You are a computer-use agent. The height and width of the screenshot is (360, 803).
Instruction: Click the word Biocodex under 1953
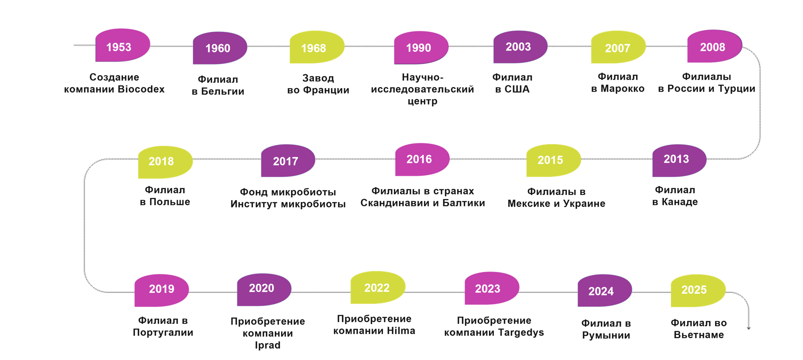point(141,89)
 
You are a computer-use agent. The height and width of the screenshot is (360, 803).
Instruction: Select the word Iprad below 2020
point(267,345)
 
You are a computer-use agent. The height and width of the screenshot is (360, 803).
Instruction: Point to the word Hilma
point(401,331)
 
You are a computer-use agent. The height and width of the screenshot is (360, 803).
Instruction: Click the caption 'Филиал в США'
point(512,83)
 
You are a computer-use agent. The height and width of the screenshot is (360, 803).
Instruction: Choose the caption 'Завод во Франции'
point(318,84)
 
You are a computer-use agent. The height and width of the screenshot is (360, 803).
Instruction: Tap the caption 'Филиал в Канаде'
point(675,196)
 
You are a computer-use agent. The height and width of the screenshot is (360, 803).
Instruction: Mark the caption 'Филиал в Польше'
point(165,196)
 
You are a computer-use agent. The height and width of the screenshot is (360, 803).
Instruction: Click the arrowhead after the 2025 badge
point(748,328)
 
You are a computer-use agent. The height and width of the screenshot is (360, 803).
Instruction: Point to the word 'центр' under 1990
point(422,101)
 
